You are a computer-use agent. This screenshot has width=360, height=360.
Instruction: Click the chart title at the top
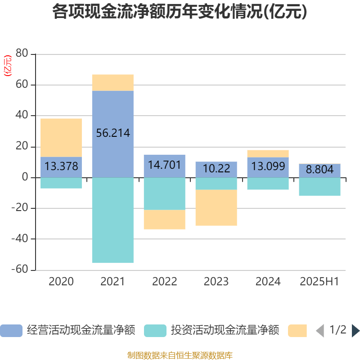pyautogui.click(x=180, y=12)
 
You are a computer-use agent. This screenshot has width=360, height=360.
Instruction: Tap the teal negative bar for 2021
pyautogui.click(x=112, y=220)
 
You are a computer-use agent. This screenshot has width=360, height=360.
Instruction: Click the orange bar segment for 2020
pyautogui.click(x=61, y=137)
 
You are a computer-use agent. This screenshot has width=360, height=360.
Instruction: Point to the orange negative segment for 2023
pyautogui.click(x=216, y=208)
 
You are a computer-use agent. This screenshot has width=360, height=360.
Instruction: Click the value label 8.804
pyautogui.click(x=319, y=170)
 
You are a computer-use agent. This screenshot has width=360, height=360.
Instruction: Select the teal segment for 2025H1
pyautogui.click(x=319, y=187)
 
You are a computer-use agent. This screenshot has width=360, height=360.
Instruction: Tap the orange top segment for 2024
pyautogui.click(x=268, y=153)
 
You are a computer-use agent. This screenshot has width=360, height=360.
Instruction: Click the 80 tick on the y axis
pyautogui.click(x=22, y=54)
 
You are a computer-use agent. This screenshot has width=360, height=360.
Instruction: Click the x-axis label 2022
pyautogui.click(x=164, y=282)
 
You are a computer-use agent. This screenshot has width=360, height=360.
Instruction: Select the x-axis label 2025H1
pyautogui.click(x=319, y=282)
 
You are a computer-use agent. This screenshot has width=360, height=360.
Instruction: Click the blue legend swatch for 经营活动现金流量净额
pyautogui.click(x=11, y=331)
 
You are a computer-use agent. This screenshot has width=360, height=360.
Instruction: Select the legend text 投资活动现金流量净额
pyautogui.click(x=225, y=331)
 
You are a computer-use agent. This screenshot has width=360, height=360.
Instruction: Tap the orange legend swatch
pyautogui.click(x=297, y=331)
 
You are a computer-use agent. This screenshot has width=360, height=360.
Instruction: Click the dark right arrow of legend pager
pyautogui.click(x=355, y=331)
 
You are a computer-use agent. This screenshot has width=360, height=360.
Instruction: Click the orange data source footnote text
pyautogui.click(x=180, y=355)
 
